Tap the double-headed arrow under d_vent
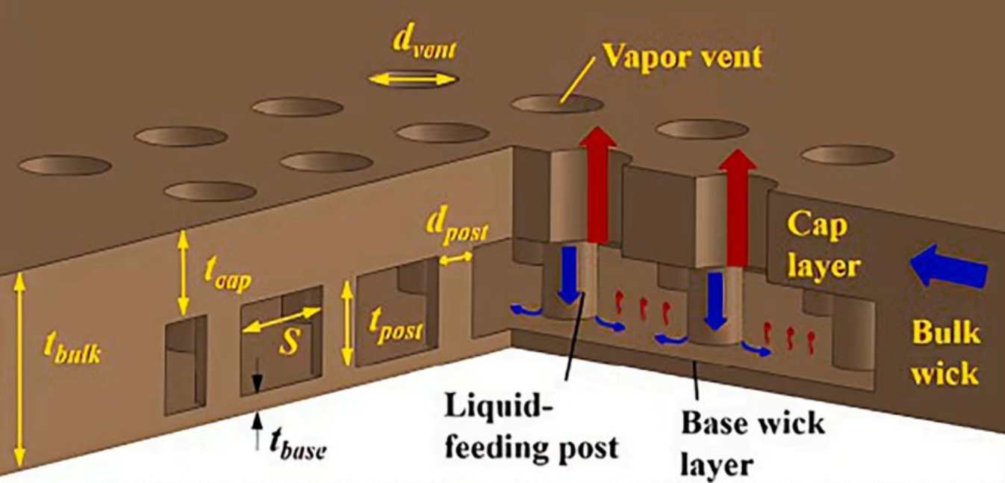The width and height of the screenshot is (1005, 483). coord(412,79)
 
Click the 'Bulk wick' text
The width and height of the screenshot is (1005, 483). coord(944,351)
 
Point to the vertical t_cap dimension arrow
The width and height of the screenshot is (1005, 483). coord(182,273)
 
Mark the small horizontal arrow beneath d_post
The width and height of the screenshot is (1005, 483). coord(455,258)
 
